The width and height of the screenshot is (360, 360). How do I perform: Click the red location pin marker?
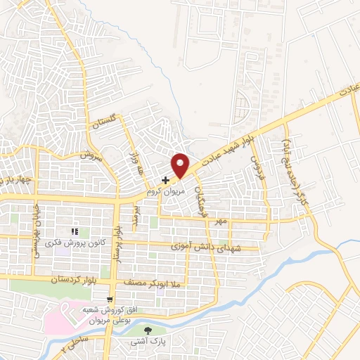181,165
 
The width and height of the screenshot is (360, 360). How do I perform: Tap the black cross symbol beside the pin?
165,181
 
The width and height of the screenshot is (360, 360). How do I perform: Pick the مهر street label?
222,222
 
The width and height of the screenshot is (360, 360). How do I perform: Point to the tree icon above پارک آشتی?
148,330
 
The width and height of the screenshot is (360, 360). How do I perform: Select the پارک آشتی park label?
147,342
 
